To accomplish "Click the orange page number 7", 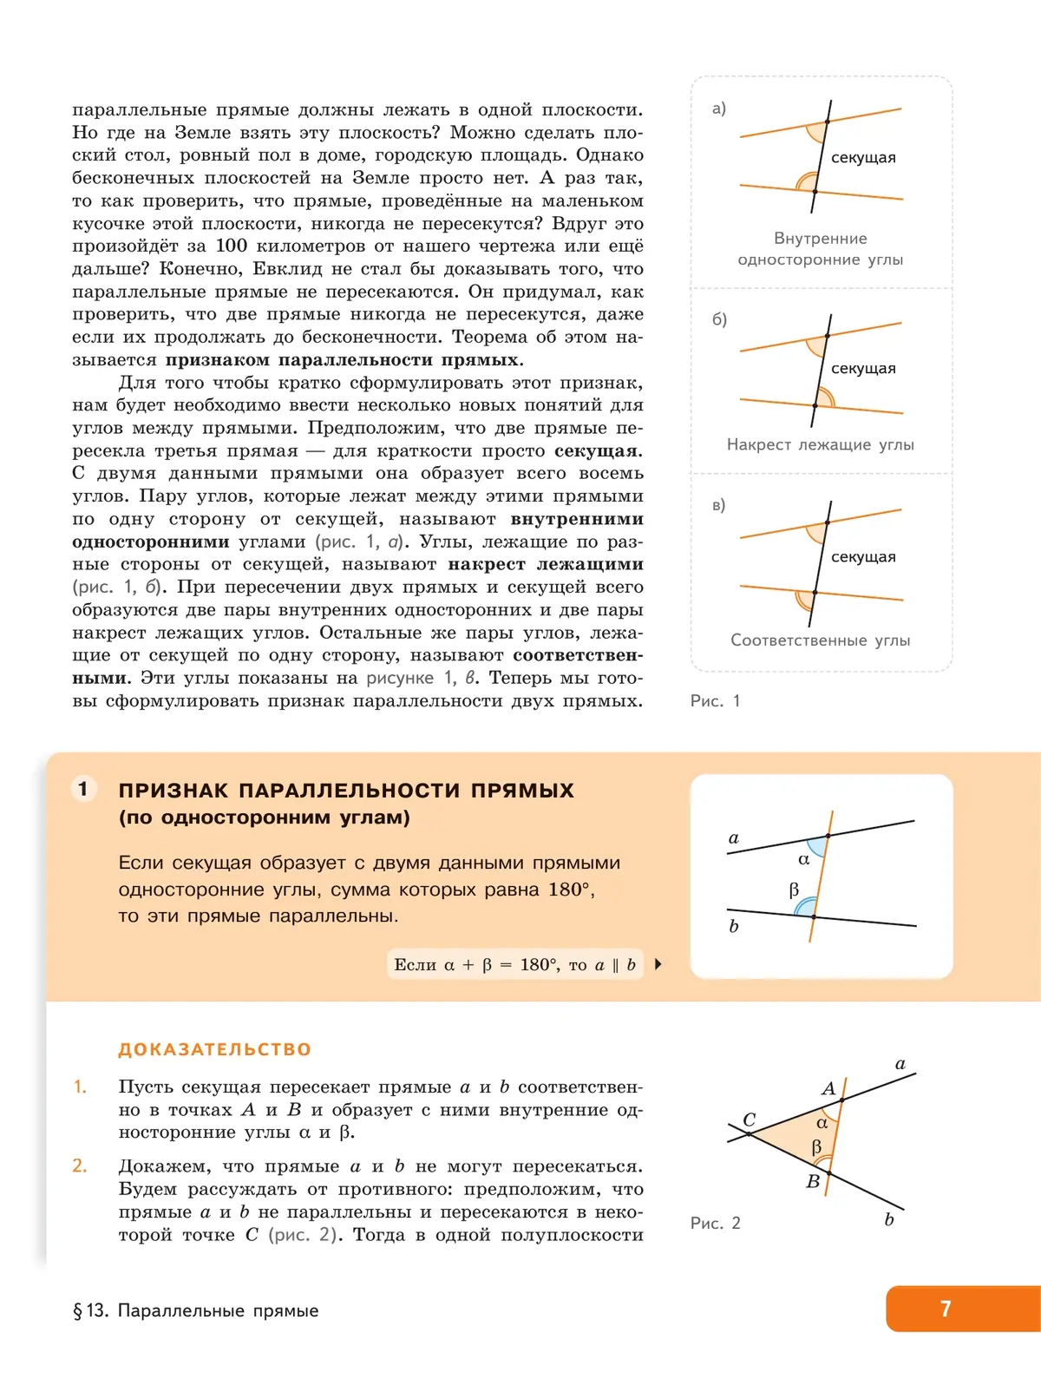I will [946, 1309].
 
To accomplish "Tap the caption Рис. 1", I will [715, 701].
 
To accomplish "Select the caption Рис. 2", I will [715, 1223].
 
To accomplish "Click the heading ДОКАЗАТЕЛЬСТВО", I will [214, 1049].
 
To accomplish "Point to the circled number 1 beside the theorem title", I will [83, 789].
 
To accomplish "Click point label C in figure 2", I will [749, 1120].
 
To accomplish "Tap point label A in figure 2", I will [828, 1088].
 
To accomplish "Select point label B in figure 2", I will [813, 1181].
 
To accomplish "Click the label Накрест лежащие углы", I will [820, 444].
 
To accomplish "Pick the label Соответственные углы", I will [820, 640].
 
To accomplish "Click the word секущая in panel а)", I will [863, 157].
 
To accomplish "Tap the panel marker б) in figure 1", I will [719, 319].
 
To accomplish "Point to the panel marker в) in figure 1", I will [718, 505].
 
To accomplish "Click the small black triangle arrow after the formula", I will [658, 964].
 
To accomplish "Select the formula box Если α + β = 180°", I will [514, 964].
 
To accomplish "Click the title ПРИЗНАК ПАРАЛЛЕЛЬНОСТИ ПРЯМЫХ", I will [346, 791].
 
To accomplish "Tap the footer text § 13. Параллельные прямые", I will [196, 1310].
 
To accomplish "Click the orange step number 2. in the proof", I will [80, 1165].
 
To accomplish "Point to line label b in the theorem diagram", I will [734, 926].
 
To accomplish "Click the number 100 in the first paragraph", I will [232, 246].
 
